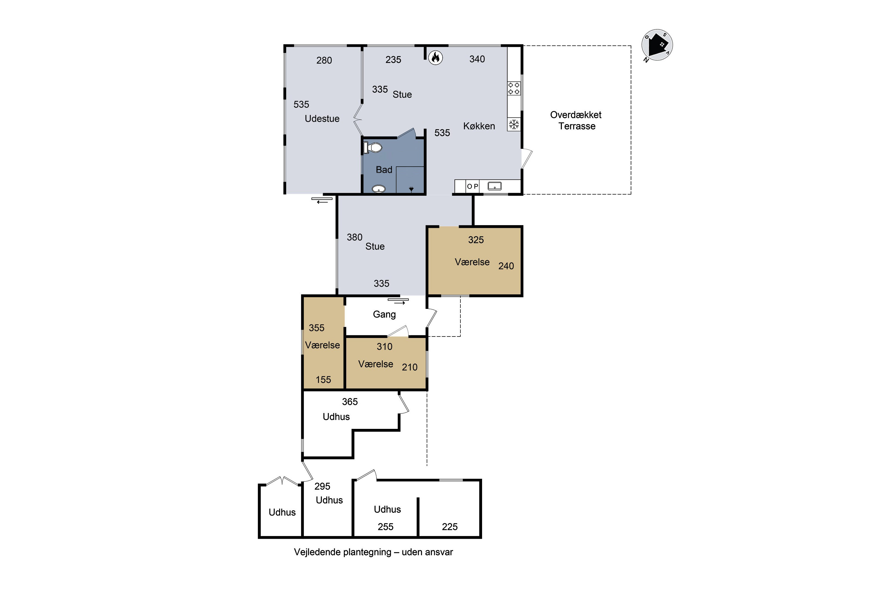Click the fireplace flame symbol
(x=436, y=58)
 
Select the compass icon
(x=657, y=45)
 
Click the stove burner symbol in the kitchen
(x=514, y=88)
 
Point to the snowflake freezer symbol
(x=514, y=124)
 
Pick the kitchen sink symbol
(x=495, y=186)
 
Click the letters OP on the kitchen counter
(x=472, y=187)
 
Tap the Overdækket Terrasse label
(x=576, y=121)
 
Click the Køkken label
(x=479, y=126)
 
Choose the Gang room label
(x=384, y=315)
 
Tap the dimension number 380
(x=355, y=237)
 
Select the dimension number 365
(x=350, y=402)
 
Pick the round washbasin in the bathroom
(x=379, y=189)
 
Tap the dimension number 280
(x=324, y=60)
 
